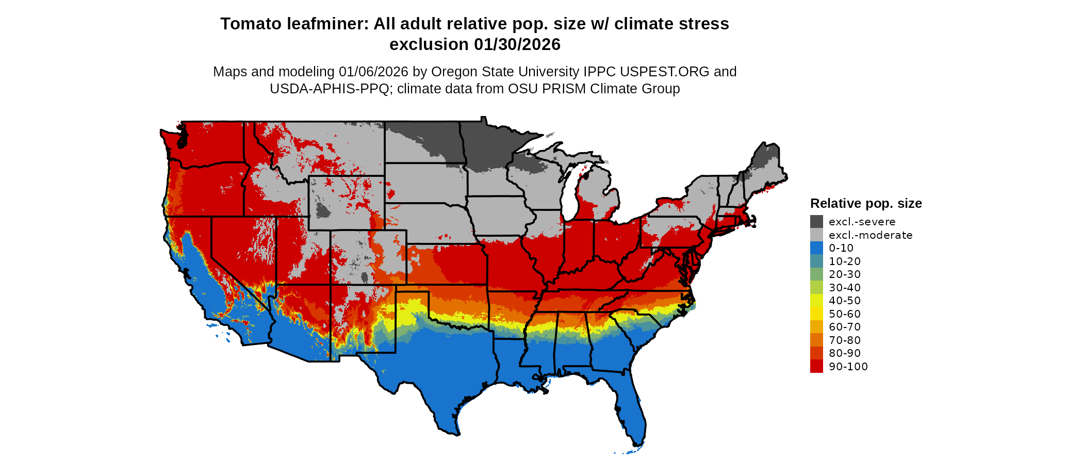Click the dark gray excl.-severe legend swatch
click(816, 222)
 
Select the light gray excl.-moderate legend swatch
click(816, 235)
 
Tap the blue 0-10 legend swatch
click(816, 248)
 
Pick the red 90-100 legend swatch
click(816, 367)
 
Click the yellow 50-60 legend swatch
click(816, 314)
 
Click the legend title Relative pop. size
click(866, 204)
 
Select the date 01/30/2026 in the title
click(517, 45)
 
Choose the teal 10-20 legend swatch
click(816, 261)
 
